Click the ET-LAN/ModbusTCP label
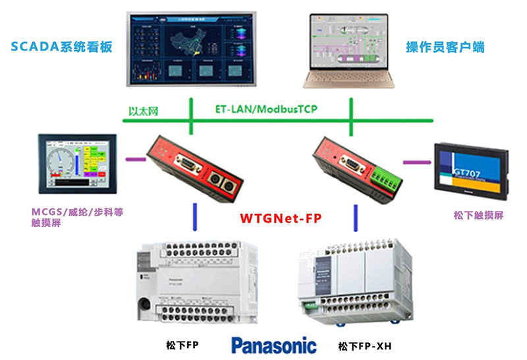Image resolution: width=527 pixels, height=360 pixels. (266, 109)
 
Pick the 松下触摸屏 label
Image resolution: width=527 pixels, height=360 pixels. (479, 216)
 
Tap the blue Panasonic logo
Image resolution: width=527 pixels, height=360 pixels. (273, 345)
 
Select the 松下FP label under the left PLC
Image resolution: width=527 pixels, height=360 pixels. (182, 345)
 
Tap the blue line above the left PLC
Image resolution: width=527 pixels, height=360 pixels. (194, 217)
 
